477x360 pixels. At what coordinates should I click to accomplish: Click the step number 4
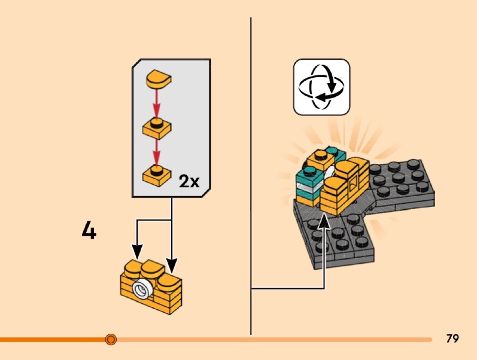coord(89,231)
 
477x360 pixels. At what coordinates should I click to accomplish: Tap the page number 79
coord(452,338)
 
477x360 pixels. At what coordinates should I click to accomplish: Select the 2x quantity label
coord(189,182)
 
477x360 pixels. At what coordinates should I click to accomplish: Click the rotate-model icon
coord(322,86)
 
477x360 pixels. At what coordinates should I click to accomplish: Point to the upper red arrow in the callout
coord(156,104)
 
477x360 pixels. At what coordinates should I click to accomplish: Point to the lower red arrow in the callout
coord(156,151)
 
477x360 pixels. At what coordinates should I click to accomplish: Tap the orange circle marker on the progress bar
coord(110,339)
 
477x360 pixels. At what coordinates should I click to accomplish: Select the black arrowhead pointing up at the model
coord(325,222)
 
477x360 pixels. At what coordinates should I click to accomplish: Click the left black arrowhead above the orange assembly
coord(137,251)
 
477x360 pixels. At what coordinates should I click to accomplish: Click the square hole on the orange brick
coord(352,184)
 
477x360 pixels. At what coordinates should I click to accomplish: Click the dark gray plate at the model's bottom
coord(336,241)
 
